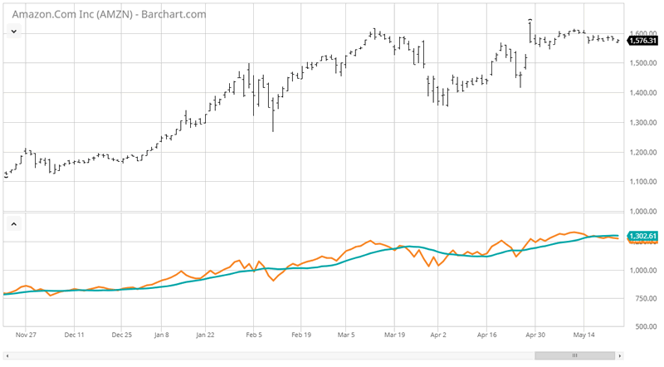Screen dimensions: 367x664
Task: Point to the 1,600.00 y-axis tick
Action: [644, 32]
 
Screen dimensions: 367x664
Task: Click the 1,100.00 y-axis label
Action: [644, 182]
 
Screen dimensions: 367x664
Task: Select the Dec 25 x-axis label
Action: [121, 335]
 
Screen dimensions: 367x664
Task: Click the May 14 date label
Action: [584, 335]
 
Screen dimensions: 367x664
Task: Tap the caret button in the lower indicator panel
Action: [13, 223]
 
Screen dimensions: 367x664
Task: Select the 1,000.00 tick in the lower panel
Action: [644, 270]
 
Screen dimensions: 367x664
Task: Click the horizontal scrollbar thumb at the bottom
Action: [573, 355]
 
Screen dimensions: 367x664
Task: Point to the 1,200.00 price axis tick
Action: [644, 152]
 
